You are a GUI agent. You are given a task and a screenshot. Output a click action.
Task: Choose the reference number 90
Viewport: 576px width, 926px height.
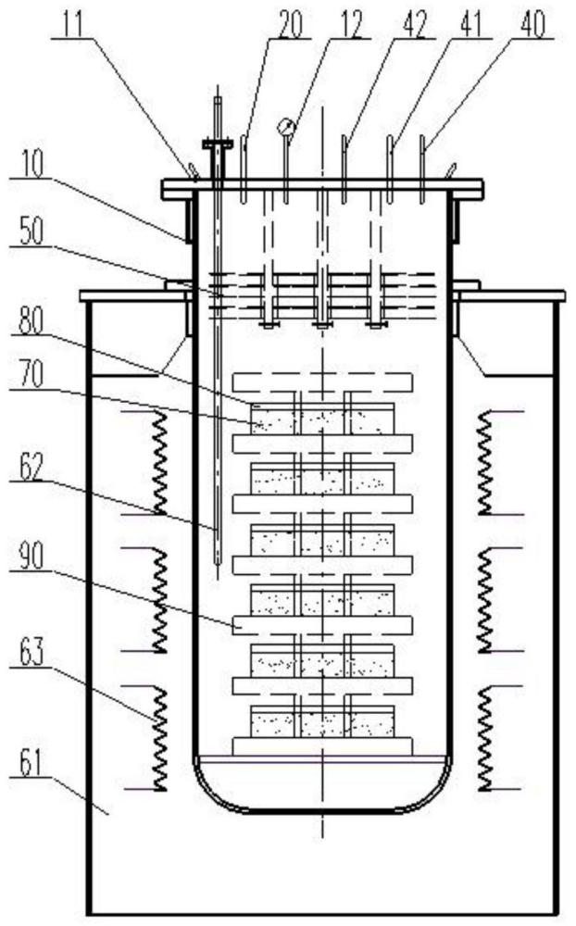[30, 556]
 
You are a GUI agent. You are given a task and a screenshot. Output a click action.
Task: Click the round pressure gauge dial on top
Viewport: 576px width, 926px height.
[286, 126]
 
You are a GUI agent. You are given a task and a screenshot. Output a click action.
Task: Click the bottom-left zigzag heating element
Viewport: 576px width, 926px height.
[159, 737]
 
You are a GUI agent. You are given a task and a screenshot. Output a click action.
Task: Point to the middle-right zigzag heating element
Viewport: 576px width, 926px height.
[484, 599]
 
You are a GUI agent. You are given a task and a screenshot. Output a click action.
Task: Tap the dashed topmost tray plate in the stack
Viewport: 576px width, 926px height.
[322, 382]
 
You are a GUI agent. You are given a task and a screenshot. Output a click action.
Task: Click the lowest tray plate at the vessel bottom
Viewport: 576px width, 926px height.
[322, 745]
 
